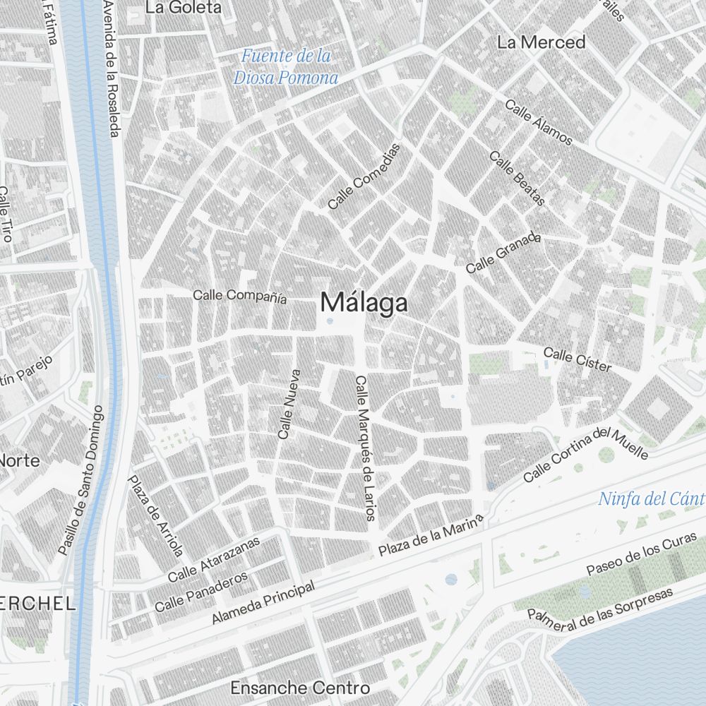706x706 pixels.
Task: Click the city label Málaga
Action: (x=364, y=303)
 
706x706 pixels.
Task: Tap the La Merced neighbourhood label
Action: (x=541, y=42)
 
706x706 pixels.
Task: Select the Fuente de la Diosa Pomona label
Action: (x=286, y=66)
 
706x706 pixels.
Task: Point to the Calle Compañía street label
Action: (x=240, y=297)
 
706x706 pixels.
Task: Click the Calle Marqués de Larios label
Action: (x=364, y=448)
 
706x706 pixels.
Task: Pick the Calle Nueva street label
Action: (x=290, y=404)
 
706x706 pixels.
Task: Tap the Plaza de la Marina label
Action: (x=431, y=534)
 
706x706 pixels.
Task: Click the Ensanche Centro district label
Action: (x=300, y=688)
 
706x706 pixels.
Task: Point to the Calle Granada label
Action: (x=503, y=253)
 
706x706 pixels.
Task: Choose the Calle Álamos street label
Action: (x=539, y=122)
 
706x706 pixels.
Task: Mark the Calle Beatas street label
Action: (x=517, y=179)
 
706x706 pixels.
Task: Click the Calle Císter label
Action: (x=577, y=359)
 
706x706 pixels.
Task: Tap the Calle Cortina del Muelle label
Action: (x=585, y=454)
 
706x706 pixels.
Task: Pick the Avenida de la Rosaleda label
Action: (x=111, y=68)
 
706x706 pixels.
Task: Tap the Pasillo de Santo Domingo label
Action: (x=82, y=480)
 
